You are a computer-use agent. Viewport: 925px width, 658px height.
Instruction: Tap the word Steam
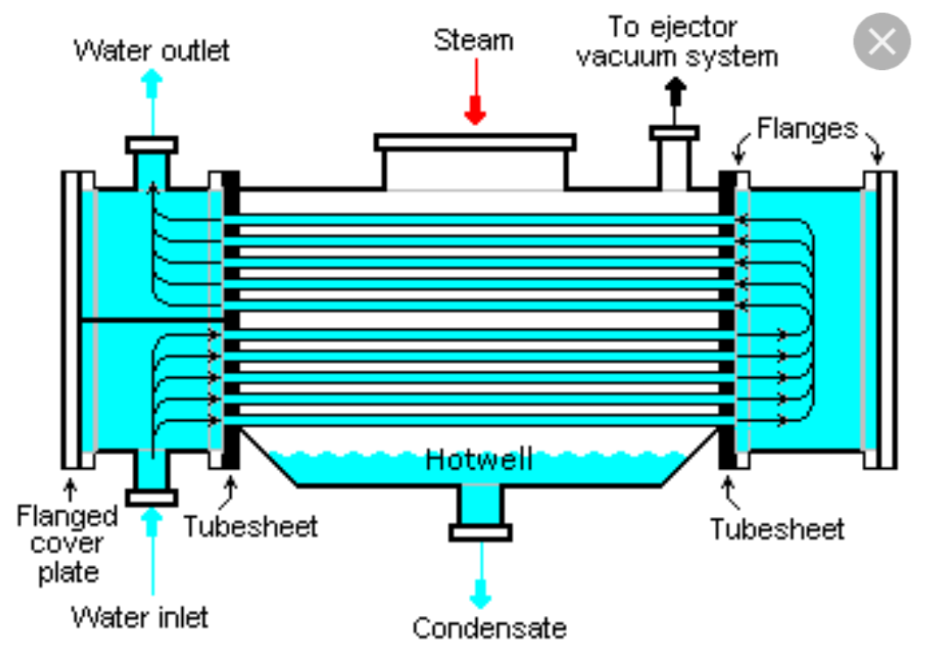point(473,39)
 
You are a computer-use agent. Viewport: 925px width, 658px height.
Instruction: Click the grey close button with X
point(882,40)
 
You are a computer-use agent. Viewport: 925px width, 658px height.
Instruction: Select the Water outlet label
point(152,50)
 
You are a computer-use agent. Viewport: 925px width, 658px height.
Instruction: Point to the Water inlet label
point(140,617)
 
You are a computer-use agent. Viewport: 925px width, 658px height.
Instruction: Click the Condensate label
point(489,626)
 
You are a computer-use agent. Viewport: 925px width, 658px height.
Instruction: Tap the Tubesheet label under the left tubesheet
point(250,526)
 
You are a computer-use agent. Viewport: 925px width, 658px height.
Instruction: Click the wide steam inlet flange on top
point(475,142)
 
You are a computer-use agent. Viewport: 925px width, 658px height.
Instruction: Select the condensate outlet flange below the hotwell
point(480,532)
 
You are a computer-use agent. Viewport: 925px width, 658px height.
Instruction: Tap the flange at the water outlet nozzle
point(152,144)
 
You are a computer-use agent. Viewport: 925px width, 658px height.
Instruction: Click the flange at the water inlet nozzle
point(152,497)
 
